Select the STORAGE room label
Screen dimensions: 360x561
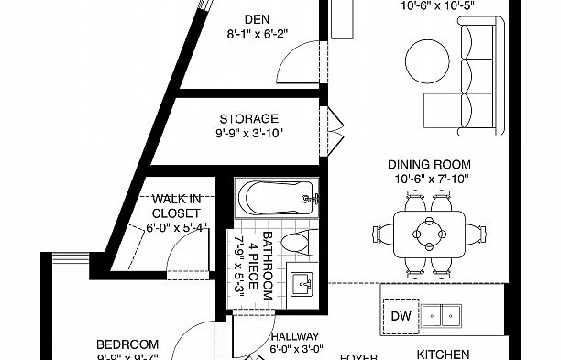[249, 118]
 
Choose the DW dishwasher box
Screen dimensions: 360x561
[400, 315]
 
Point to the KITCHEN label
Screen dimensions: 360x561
[444, 354]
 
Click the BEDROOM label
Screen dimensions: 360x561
[127, 344]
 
